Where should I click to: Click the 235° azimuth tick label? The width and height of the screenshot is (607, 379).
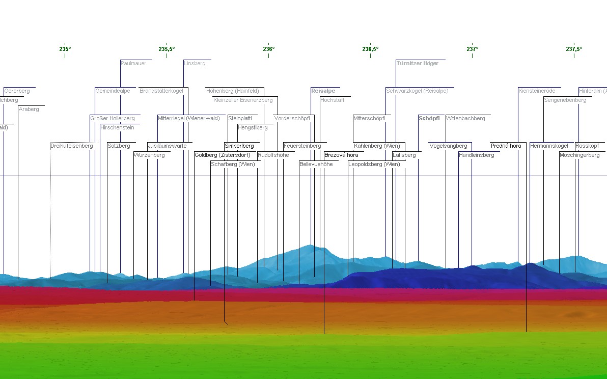pyautogui.click(x=65, y=49)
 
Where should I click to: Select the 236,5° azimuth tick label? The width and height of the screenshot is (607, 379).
pyautogui.click(x=370, y=49)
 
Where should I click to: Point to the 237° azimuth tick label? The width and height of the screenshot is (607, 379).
pyautogui.click(x=472, y=49)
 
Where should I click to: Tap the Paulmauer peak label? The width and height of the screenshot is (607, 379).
pyautogui.click(x=133, y=64)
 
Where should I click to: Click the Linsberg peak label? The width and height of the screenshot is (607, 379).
pyautogui.click(x=195, y=64)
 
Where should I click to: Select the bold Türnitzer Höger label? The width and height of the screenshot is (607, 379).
pyautogui.click(x=418, y=64)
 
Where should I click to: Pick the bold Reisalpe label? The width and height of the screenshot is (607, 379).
pyautogui.click(x=323, y=91)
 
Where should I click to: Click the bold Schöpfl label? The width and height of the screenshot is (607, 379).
pyautogui.click(x=429, y=119)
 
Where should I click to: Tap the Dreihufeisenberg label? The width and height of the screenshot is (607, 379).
pyautogui.click(x=72, y=146)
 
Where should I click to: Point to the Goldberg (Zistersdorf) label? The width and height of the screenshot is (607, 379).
pyautogui.click(x=222, y=155)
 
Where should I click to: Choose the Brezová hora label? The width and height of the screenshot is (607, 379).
pyautogui.click(x=341, y=155)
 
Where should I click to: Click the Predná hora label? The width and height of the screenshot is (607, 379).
pyautogui.click(x=506, y=146)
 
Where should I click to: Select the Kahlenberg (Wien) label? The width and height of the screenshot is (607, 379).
pyautogui.click(x=377, y=146)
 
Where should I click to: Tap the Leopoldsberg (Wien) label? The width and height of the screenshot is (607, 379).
pyautogui.click(x=374, y=165)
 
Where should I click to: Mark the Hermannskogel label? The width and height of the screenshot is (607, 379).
pyautogui.click(x=549, y=146)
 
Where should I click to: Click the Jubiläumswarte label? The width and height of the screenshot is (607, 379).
pyautogui.click(x=168, y=146)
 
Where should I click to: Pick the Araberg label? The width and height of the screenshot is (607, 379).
pyautogui.click(x=29, y=110)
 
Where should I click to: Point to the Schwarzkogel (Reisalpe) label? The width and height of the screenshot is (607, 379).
pyautogui.click(x=417, y=91)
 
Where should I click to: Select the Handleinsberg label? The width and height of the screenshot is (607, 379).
pyautogui.click(x=477, y=155)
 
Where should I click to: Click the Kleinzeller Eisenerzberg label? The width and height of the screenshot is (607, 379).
pyautogui.click(x=243, y=100)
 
